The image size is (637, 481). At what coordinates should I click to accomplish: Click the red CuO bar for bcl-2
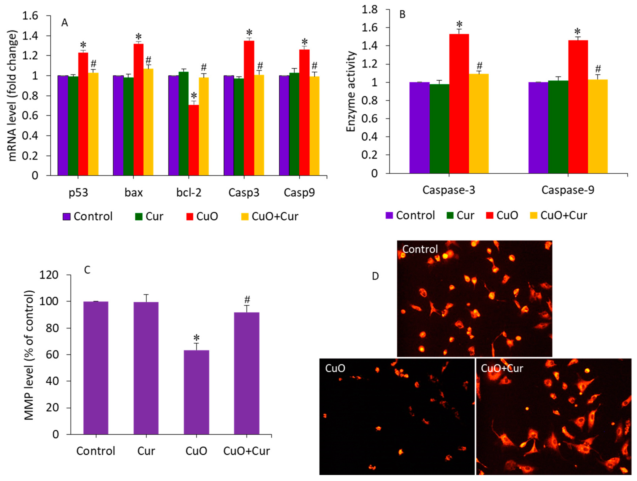(194, 140)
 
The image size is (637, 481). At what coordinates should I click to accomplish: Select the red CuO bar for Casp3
(249, 108)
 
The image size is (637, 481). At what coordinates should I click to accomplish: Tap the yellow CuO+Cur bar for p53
(93, 124)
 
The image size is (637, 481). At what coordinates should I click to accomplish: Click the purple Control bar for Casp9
(284, 125)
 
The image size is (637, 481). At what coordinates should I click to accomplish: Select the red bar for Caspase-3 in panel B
(459, 104)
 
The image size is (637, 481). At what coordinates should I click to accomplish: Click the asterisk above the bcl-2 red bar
(194, 96)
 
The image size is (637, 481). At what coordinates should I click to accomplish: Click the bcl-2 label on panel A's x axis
(189, 192)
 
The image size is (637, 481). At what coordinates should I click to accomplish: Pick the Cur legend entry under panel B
(460, 215)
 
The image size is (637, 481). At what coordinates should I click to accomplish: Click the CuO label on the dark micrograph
(335, 368)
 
